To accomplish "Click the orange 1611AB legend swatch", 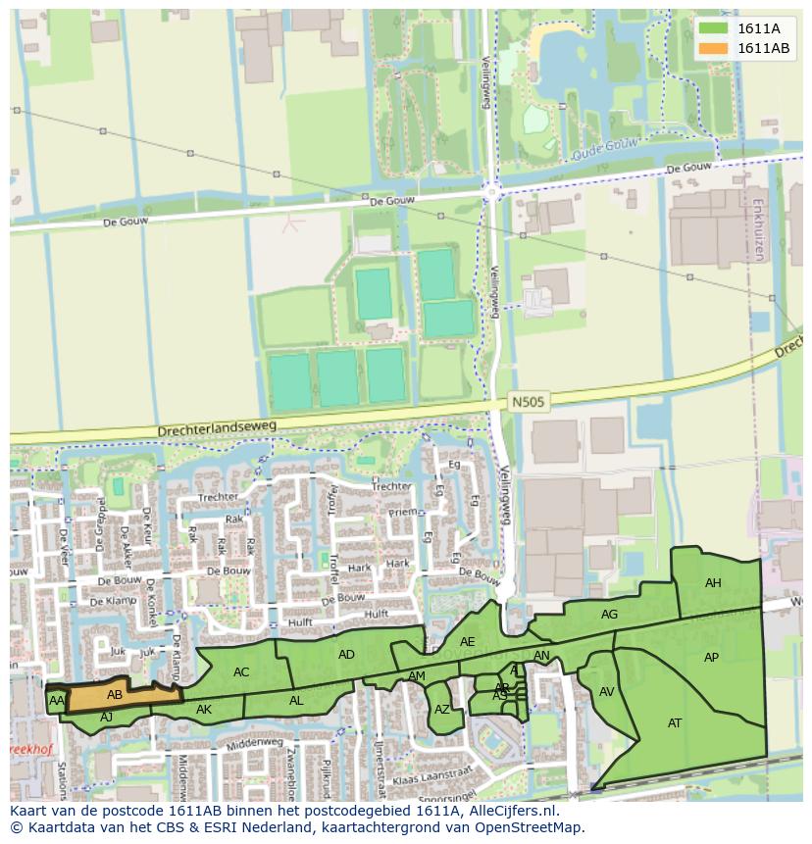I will pyautogui.click(x=714, y=48).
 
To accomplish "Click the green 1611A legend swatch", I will pyautogui.click(x=714, y=28).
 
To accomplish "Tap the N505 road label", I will pyautogui.click(x=528, y=402).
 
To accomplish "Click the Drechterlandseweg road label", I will pyautogui.click(x=217, y=429).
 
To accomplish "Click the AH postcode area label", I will pyautogui.click(x=713, y=583).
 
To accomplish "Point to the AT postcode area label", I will pyautogui.click(x=675, y=723).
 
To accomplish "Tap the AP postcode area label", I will pyautogui.click(x=712, y=658).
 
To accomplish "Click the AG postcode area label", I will pyautogui.click(x=609, y=615).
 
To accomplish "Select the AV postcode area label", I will pyautogui.click(x=606, y=692).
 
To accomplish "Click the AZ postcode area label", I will pyautogui.click(x=442, y=710).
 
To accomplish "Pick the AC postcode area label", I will pyautogui.click(x=241, y=672).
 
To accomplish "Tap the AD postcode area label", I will pyautogui.click(x=346, y=655).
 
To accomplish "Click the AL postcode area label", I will pyautogui.click(x=296, y=701).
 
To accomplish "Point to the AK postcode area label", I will pyautogui.click(x=204, y=710).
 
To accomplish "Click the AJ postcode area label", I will pyautogui.click(x=107, y=717).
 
